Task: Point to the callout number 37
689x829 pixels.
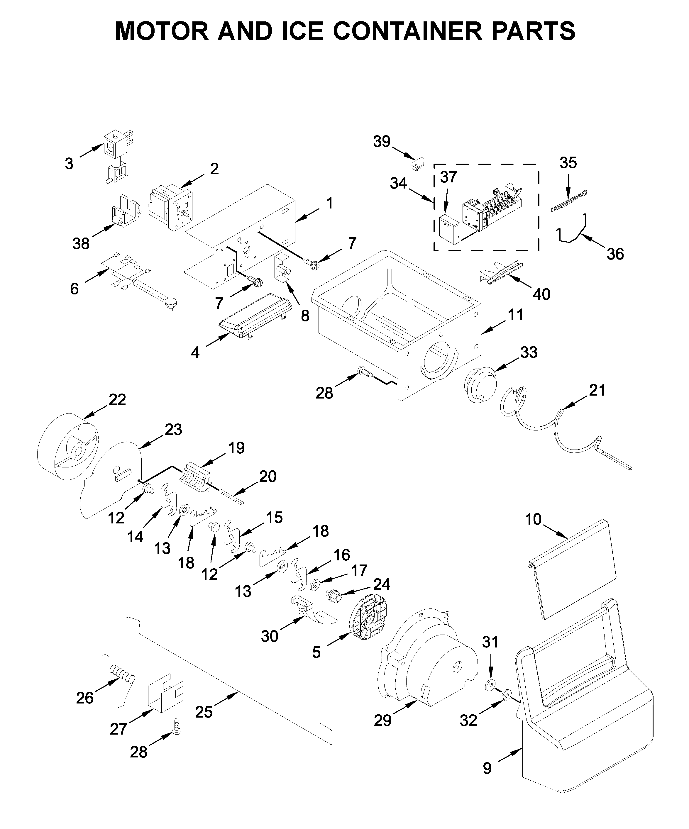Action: pyautogui.click(x=448, y=177)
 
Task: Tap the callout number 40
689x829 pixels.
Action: pyautogui.click(x=541, y=294)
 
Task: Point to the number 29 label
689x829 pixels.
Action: pyautogui.click(x=382, y=720)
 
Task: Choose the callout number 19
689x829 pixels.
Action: pyautogui.click(x=236, y=448)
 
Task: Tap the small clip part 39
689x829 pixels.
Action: pyautogui.click(x=417, y=163)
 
